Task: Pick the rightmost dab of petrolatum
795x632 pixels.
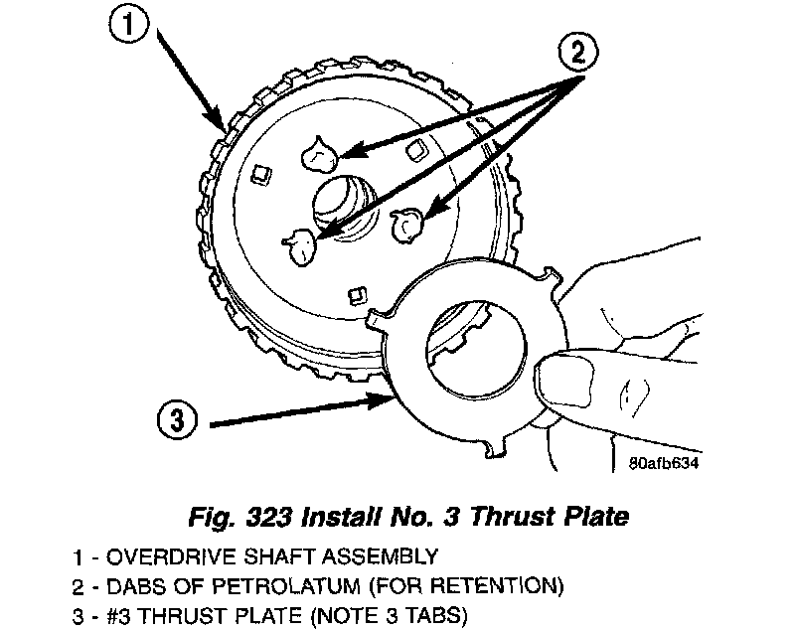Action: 409,227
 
